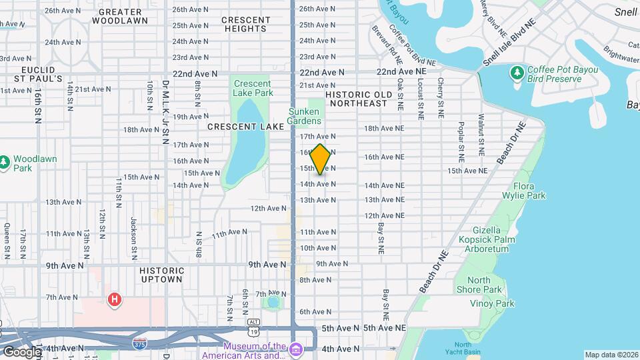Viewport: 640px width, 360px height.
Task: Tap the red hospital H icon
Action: point(114,299)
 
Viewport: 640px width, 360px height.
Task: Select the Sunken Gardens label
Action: point(304,116)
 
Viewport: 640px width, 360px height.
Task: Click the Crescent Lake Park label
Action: point(253,88)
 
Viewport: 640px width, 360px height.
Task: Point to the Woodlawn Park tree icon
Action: point(5,161)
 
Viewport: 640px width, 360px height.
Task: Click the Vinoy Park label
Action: point(495,303)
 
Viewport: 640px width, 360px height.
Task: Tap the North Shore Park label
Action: point(479,285)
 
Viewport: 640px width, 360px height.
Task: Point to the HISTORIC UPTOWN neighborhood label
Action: point(161,275)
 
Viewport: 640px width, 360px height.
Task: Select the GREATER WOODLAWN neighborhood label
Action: point(119,17)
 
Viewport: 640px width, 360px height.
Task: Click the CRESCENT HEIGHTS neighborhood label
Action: point(246,24)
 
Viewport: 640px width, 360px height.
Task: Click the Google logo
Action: point(21,351)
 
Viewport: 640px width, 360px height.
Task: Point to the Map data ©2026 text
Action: point(610,355)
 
